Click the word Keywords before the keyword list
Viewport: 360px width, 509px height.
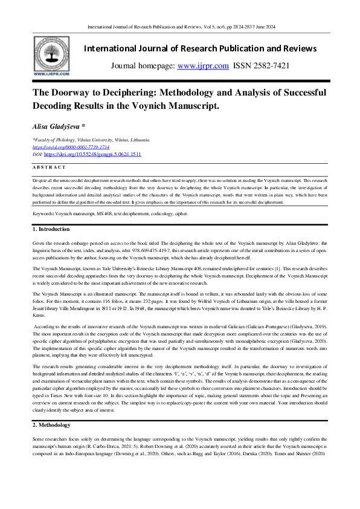pyautogui.click(x=45, y=214)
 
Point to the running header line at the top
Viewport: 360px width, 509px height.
pyautogui.click(x=181, y=27)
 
